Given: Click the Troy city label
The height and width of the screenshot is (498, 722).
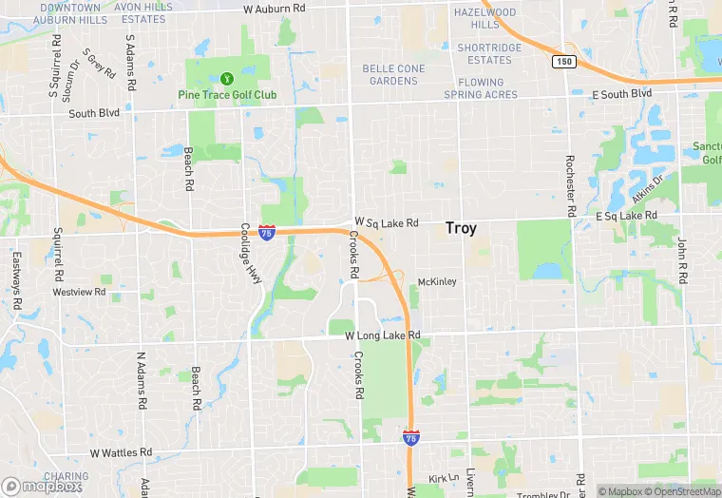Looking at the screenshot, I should click(x=461, y=229).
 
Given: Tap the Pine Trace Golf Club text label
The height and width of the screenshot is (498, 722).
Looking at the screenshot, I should click(x=227, y=95).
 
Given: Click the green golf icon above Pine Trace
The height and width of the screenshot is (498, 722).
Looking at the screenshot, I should click(x=226, y=78).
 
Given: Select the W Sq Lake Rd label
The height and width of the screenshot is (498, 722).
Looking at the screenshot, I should click(x=387, y=222).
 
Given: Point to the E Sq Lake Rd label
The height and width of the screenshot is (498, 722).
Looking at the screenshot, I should click(x=626, y=217).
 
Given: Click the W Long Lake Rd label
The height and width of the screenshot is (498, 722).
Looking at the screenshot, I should click(x=382, y=335).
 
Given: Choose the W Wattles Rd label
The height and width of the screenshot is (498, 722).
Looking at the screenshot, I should click(x=121, y=452).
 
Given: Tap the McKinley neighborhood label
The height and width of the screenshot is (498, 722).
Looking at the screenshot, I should click(x=438, y=281).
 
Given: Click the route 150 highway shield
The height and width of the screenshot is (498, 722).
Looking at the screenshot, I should click(x=562, y=61).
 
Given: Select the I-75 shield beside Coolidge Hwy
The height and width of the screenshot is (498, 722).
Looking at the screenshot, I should click(x=267, y=231).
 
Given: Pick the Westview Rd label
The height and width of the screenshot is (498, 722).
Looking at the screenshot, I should click(x=79, y=292).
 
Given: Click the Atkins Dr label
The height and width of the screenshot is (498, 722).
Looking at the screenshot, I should click(x=647, y=191).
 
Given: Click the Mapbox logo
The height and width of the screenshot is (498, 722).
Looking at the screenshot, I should click(x=42, y=486).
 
